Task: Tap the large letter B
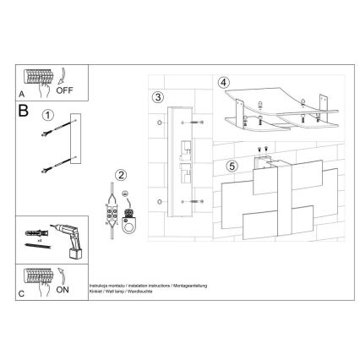coord(25,110)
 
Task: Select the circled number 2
coord(122,175)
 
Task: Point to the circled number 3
coord(158,97)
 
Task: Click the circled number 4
coord(223,84)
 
